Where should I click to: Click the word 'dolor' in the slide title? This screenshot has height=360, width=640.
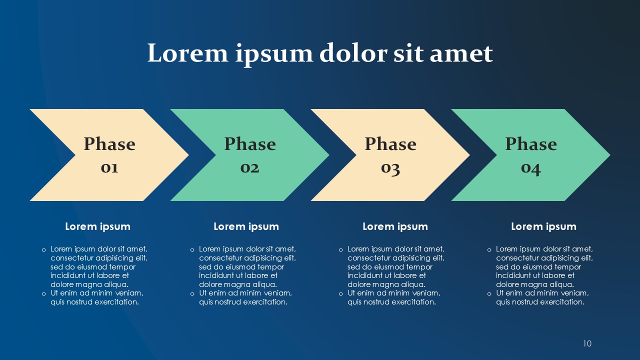point(353,53)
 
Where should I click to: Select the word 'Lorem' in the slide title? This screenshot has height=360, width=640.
point(187,53)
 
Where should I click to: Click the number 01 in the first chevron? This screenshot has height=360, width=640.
point(109,168)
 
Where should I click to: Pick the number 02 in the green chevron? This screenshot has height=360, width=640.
point(249,168)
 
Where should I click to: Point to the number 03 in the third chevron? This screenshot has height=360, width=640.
point(390,169)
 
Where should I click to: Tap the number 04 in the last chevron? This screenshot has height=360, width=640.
point(531,169)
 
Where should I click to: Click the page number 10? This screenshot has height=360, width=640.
point(587,343)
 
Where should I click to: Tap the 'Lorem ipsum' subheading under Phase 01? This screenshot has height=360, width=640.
point(97,226)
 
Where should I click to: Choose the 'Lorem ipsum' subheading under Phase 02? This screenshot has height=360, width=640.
point(246,226)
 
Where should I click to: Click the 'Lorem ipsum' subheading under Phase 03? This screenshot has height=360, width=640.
point(395,226)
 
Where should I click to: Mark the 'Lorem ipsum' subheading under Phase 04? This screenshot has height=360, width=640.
point(543,226)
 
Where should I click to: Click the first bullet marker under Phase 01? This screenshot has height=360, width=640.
point(43,250)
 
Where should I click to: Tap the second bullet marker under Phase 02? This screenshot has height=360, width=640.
point(192,293)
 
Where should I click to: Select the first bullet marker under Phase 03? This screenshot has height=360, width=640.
point(340,250)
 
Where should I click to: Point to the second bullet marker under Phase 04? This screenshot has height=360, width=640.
point(489,293)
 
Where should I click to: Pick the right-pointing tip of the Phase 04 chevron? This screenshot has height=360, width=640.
point(610,155)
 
